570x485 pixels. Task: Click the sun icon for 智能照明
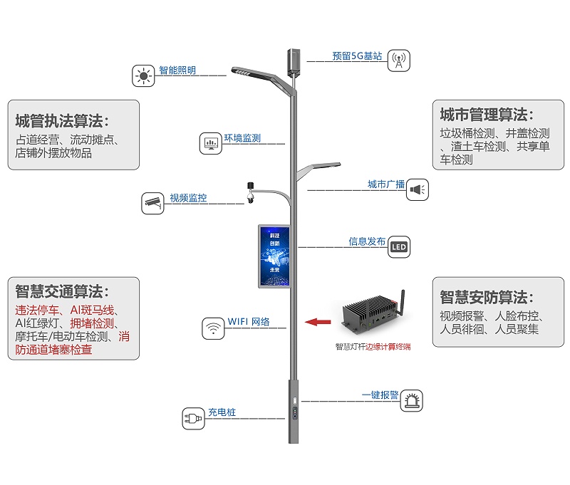tap(144, 75)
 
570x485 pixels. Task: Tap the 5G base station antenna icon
tap(399, 61)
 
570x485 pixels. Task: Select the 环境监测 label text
tap(242, 138)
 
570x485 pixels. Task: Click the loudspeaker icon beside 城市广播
tap(418, 189)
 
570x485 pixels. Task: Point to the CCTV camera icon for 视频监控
tap(153, 202)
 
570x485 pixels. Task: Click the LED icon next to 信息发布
tap(399, 248)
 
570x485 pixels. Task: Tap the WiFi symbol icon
tap(212, 328)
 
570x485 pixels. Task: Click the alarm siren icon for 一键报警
tap(411, 401)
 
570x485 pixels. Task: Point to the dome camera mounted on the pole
tap(250, 194)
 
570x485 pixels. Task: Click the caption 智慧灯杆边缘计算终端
tap(373, 348)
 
